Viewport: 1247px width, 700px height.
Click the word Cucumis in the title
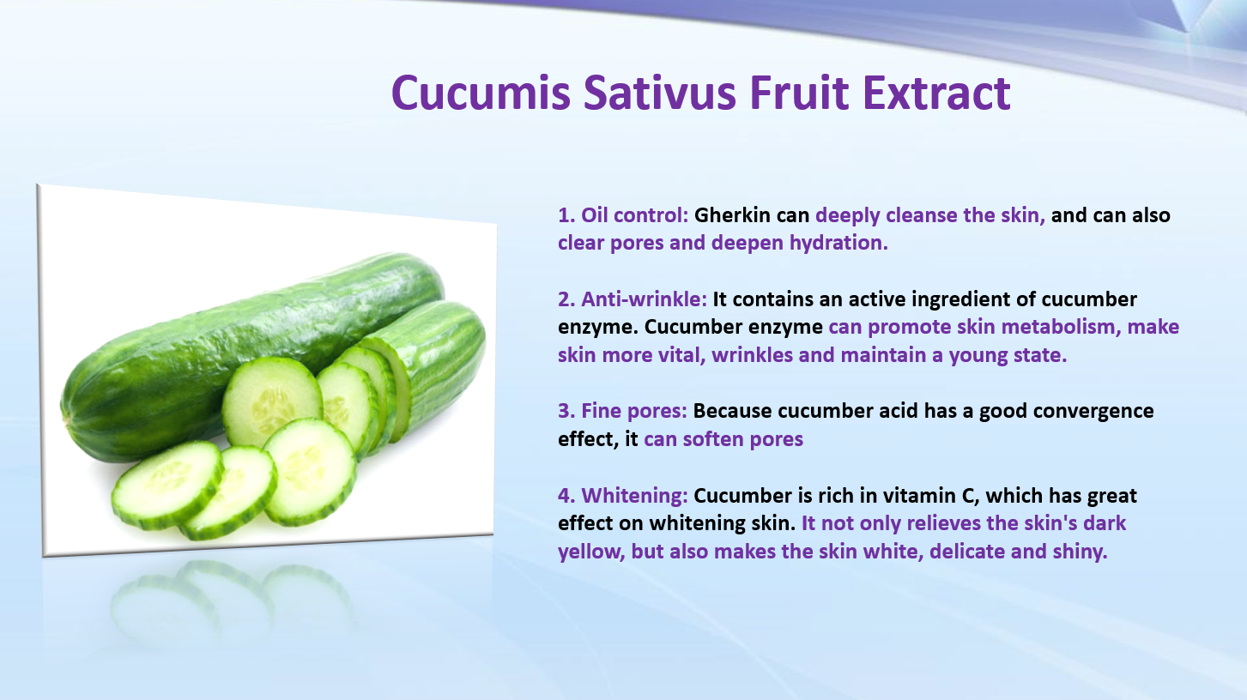pos(481,93)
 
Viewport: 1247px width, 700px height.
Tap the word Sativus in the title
pos(660,93)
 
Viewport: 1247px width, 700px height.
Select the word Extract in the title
pos(936,93)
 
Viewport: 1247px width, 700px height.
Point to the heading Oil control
pos(634,215)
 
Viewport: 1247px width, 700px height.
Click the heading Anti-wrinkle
pos(645,299)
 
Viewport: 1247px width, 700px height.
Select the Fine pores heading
pos(634,411)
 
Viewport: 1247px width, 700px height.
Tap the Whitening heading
pos(634,496)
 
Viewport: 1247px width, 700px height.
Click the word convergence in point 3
pos(1093,412)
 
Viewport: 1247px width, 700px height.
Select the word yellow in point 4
pos(591,552)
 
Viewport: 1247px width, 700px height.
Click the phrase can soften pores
pos(723,439)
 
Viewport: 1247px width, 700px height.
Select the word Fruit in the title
pos(799,93)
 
